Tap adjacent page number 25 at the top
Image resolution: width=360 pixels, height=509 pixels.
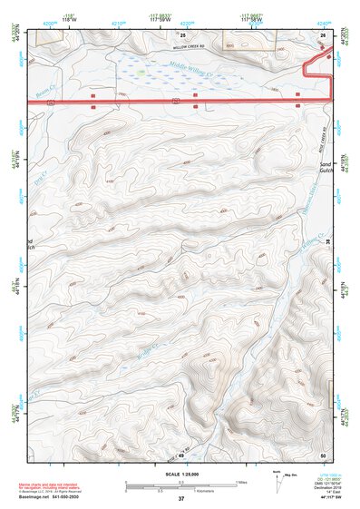point(194,34)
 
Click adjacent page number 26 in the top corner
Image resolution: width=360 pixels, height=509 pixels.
point(323,34)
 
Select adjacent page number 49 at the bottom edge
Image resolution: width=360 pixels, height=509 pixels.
point(180,454)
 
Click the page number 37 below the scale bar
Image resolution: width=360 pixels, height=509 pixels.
point(181,499)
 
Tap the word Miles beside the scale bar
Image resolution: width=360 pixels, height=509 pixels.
point(241,481)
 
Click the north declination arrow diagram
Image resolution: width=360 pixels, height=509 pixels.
point(283,479)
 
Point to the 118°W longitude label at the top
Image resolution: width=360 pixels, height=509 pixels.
point(71,19)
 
